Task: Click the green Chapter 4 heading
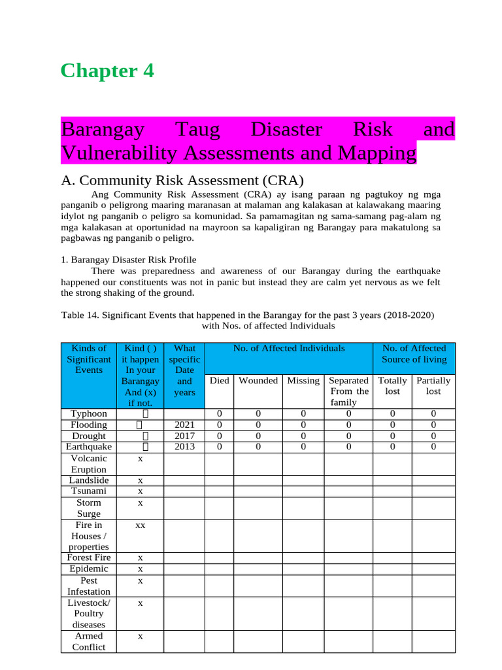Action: pyautogui.click(x=107, y=71)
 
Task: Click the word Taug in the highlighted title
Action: pyautogui.click(x=199, y=130)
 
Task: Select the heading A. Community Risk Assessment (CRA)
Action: pyautogui.click(x=182, y=181)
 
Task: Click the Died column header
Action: pyautogui.click(x=219, y=380)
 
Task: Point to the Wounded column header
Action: pyautogui.click(x=258, y=380)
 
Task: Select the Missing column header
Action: pyautogui.click(x=303, y=380)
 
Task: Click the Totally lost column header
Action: pyautogui.click(x=392, y=385)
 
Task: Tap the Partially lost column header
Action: pyautogui.click(x=433, y=385)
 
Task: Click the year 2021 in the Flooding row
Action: pyautogui.click(x=184, y=425)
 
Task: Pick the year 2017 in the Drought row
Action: pyautogui.click(x=184, y=436)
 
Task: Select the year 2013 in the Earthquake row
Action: pyautogui.click(x=184, y=447)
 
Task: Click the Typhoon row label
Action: pyautogui.click(x=88, y=414)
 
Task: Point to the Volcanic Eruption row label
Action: pyautogui.click(x=88, y=464)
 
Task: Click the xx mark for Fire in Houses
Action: pyautogui.click(x=140, y=525)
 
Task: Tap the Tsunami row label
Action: pyautogui.click(x=88, y=491)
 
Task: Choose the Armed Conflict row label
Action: pyautogui.click(x=89, y=641)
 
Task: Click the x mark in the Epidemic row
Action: pyautogui.click(x=140, y=569)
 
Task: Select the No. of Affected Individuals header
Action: pyautogui.click(x=289, y=349)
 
